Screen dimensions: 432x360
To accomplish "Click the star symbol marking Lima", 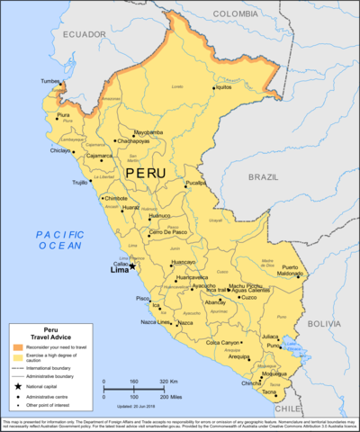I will [131, 265].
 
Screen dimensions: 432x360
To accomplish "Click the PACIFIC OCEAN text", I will [59, 239].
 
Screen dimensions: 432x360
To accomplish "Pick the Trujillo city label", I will [80, 182].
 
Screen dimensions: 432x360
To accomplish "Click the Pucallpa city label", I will [196, 183].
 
